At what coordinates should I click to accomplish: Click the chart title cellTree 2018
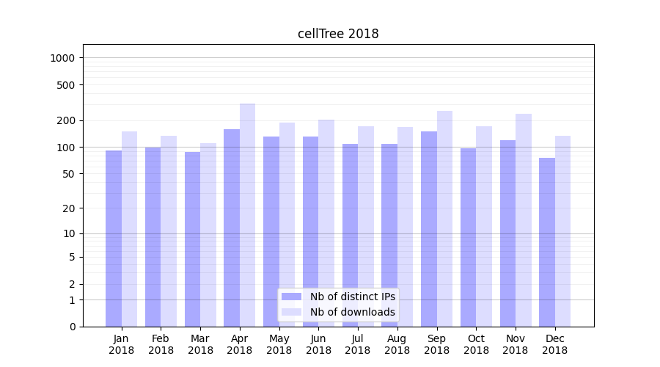coord(338,34)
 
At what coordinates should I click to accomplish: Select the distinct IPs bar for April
coord(232,228)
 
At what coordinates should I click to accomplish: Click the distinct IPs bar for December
coord(547,242)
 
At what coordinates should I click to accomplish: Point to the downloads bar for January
coord(130,228)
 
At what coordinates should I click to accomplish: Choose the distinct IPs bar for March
coord(192,239)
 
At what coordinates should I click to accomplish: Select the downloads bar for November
coord(524,219)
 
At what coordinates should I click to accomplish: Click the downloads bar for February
coord(169,230)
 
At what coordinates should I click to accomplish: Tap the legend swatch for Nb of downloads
coord(292,312)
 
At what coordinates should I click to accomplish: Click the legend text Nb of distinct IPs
coord(353,297)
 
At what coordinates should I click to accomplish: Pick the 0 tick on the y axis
coord(72,327)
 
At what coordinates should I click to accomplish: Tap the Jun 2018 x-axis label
coord(318,344)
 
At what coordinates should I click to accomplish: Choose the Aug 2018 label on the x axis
coord(397,344)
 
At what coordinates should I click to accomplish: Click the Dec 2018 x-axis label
coord(555,344)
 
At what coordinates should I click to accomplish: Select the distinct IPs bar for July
coord(350,235)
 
